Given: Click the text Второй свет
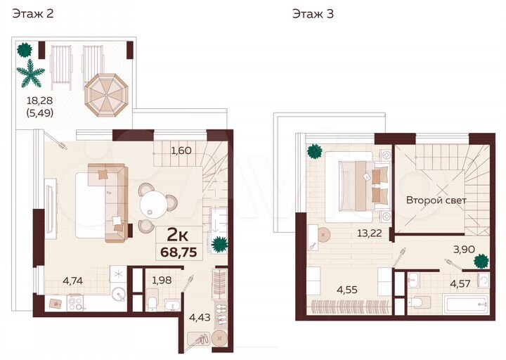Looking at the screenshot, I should pos(436,200).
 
